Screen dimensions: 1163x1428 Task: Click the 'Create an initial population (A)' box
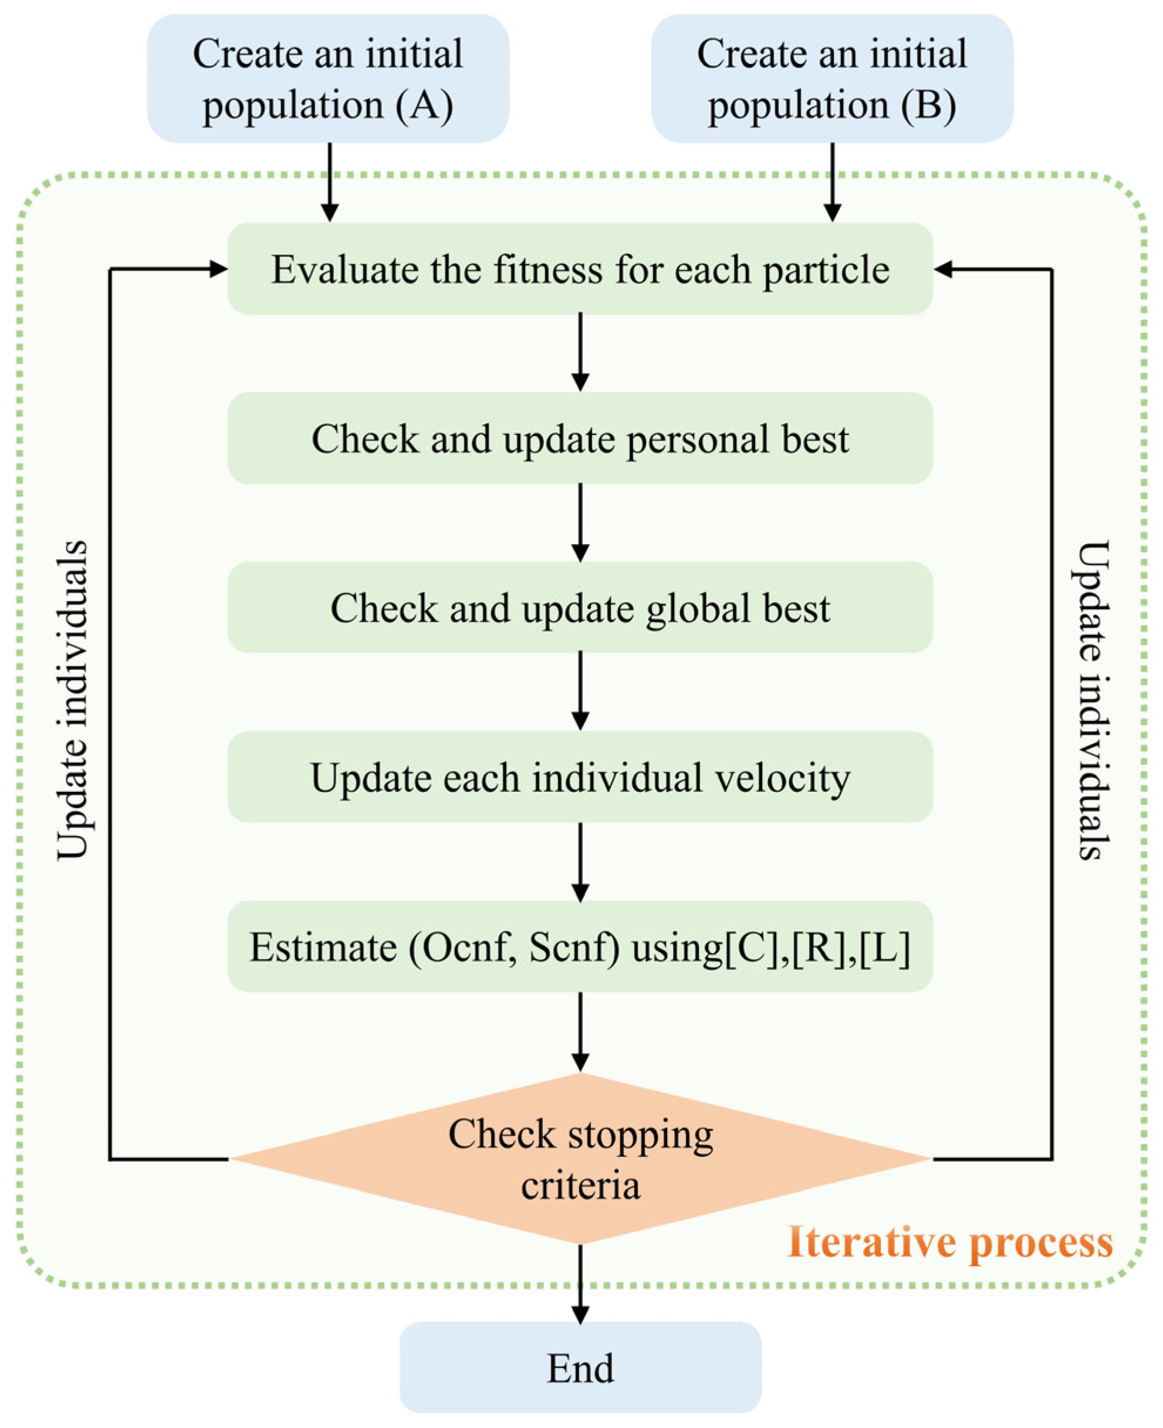click(x=328, y=79)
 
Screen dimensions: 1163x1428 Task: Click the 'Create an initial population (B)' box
click(x=832, y=79)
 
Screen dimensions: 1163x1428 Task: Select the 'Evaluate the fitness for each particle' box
click(x=580, y=269)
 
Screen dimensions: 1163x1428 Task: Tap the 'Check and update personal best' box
click(x=580, y=438)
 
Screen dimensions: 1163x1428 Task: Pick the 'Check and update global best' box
click(x=580, y=608)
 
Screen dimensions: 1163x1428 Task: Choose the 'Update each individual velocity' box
click(x=580, y=777)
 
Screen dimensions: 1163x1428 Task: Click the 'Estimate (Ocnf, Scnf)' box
click(x=580, y=947)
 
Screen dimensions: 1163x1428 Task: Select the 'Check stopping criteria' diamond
click(x=580, y=1159)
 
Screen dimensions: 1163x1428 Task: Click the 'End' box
click(x=580, y=1368)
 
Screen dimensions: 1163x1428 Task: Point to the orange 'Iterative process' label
click(x=950, y=1242)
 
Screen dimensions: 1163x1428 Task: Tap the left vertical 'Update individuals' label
click(x=72, y=700)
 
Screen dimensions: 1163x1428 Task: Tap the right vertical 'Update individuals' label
click(x=1093, y=700)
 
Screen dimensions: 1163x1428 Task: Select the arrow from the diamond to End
click(x=580, y=1283)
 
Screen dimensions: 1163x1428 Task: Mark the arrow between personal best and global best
click(x=580, y=523)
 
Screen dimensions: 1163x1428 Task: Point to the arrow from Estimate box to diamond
click(x=580, y=1032)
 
